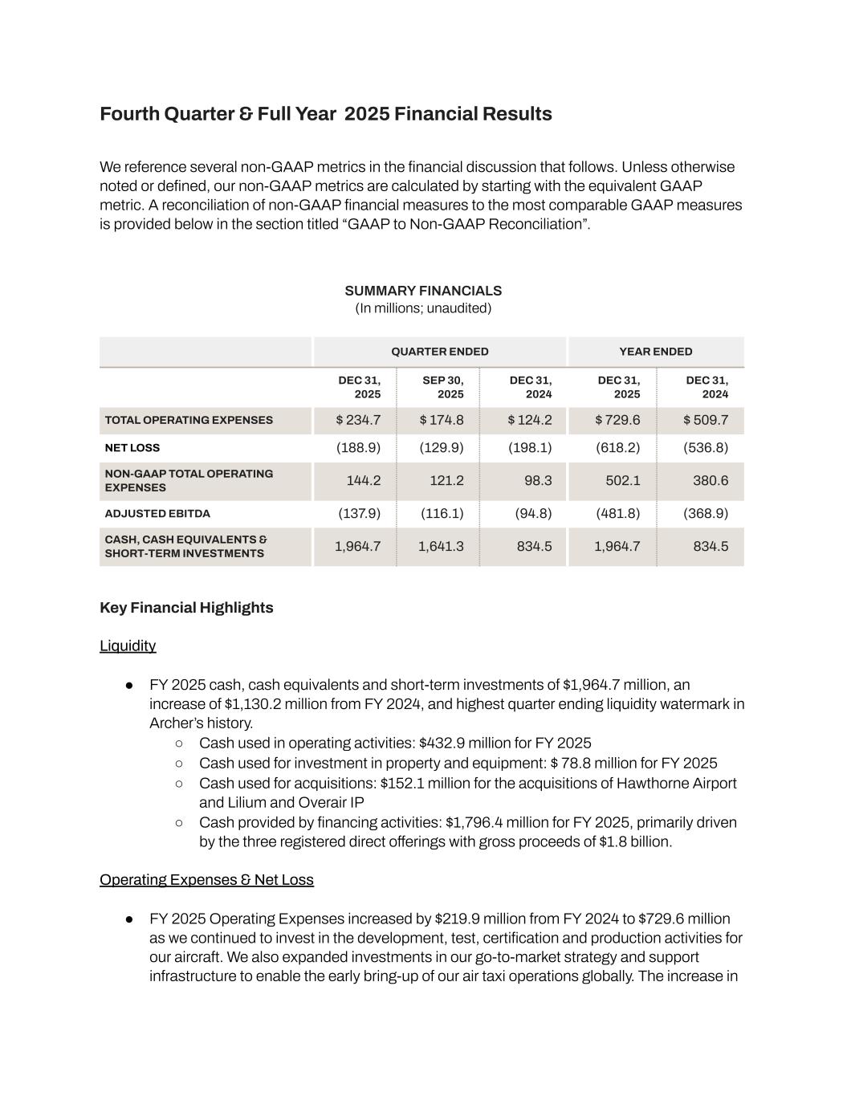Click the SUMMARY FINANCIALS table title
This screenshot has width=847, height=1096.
tap(423, 291)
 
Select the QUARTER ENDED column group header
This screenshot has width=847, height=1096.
tap(439, 352)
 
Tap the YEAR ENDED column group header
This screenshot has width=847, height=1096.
tap(655, 352)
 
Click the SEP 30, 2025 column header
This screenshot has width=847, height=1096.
tap(442, 387)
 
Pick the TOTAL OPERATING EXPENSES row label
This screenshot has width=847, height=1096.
tap(189, 420)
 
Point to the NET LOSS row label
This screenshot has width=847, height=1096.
tap(132, 448)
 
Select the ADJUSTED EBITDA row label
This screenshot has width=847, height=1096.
tap(157, 514)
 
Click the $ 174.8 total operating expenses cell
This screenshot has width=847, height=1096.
tap(441, 420)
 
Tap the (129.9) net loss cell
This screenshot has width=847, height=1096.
tap(441, 448)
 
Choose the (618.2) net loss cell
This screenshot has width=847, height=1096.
tap(617, 448)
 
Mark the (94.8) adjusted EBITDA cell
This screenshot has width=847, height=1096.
tap(533, 514)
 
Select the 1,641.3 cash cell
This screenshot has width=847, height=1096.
tap(441, 547)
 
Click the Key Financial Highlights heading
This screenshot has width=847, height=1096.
tap(186, 608)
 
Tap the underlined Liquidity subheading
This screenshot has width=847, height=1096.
tap(128, 646)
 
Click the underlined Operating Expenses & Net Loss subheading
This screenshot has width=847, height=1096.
tap(206, 880)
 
